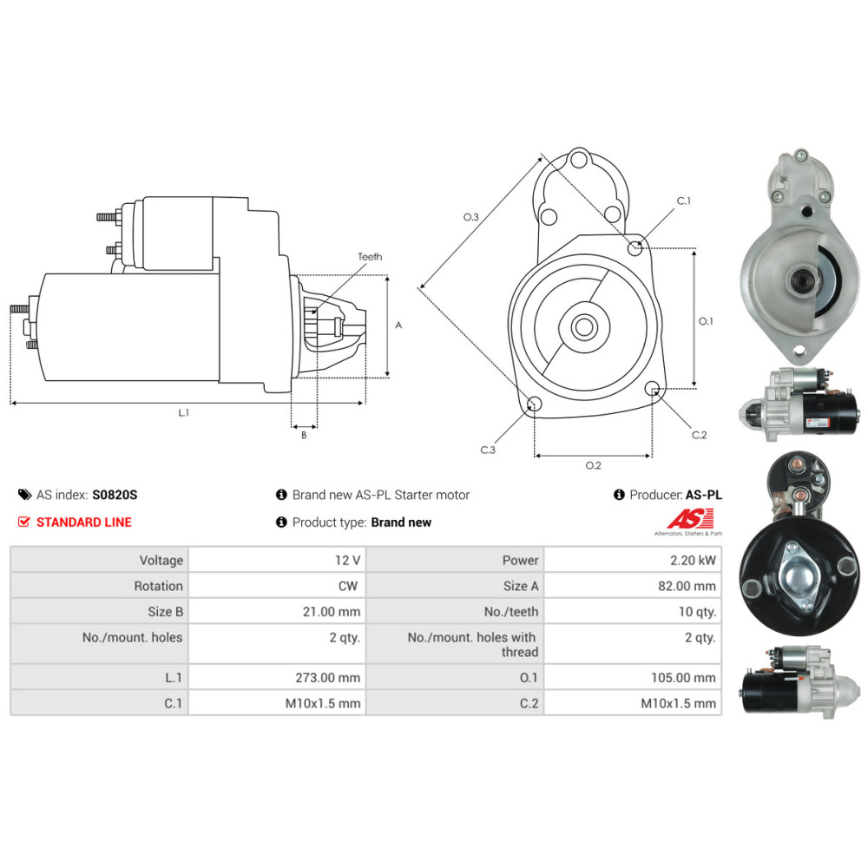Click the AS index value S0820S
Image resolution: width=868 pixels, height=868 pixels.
click(x=115, y=495)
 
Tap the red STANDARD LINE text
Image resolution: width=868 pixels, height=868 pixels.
click(x=84, y=522)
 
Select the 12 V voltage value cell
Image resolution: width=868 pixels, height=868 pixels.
click(x=348, y=560)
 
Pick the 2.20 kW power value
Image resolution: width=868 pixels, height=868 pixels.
click(x=693, y=560)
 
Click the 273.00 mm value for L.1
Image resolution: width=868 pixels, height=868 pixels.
click(x=328, y=678)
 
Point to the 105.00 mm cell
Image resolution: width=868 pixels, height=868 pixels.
click(x=684, y=678)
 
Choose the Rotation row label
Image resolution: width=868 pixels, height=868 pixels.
click(x=158, y=586)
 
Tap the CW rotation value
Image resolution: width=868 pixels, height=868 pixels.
click(x=348, y=586)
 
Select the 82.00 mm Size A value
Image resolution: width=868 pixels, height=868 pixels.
click(x=687, y=586)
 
